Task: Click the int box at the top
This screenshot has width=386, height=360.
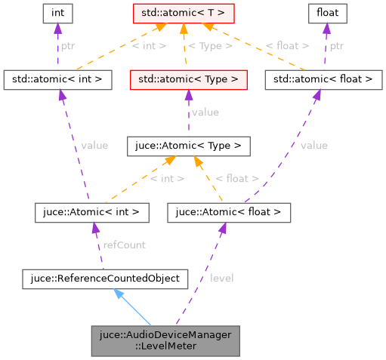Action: click(x=57, y=13)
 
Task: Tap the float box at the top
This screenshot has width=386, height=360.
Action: click(x=326, y=13)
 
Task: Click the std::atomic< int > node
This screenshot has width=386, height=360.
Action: click(x=57, y=78)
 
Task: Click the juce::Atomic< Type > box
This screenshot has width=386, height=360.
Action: click(x=189, y=144)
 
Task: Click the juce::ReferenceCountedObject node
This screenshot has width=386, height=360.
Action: click(x=104, y=278)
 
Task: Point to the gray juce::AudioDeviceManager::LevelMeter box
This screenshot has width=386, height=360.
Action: click(x=165, y=341)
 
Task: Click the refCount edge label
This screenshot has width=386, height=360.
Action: click(x=125, y=245)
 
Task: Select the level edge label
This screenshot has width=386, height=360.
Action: click(x=221, y=278)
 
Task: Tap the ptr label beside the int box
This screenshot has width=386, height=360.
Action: click(x=67, y=46)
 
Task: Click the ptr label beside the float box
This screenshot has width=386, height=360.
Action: click(x=337, y=46)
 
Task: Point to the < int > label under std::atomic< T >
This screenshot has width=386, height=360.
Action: click(x=148, y=46)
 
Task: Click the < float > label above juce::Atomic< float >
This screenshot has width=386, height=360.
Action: click(x=237, y=179)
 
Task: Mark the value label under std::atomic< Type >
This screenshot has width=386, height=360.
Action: click(x=205, y=112)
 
